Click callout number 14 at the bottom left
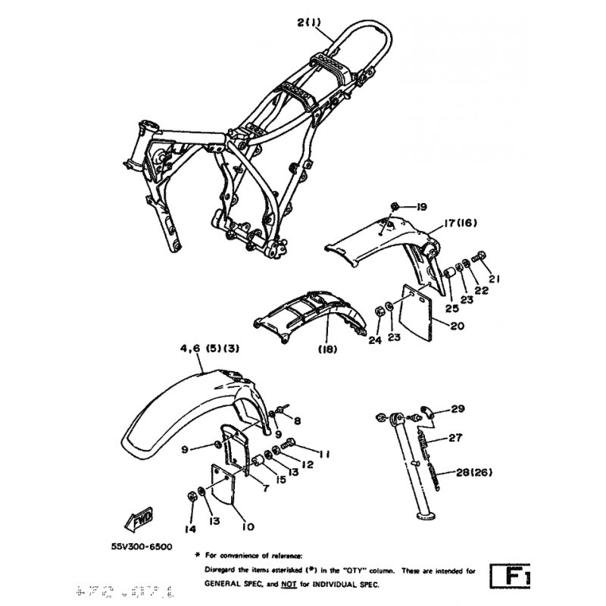[191, 528]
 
